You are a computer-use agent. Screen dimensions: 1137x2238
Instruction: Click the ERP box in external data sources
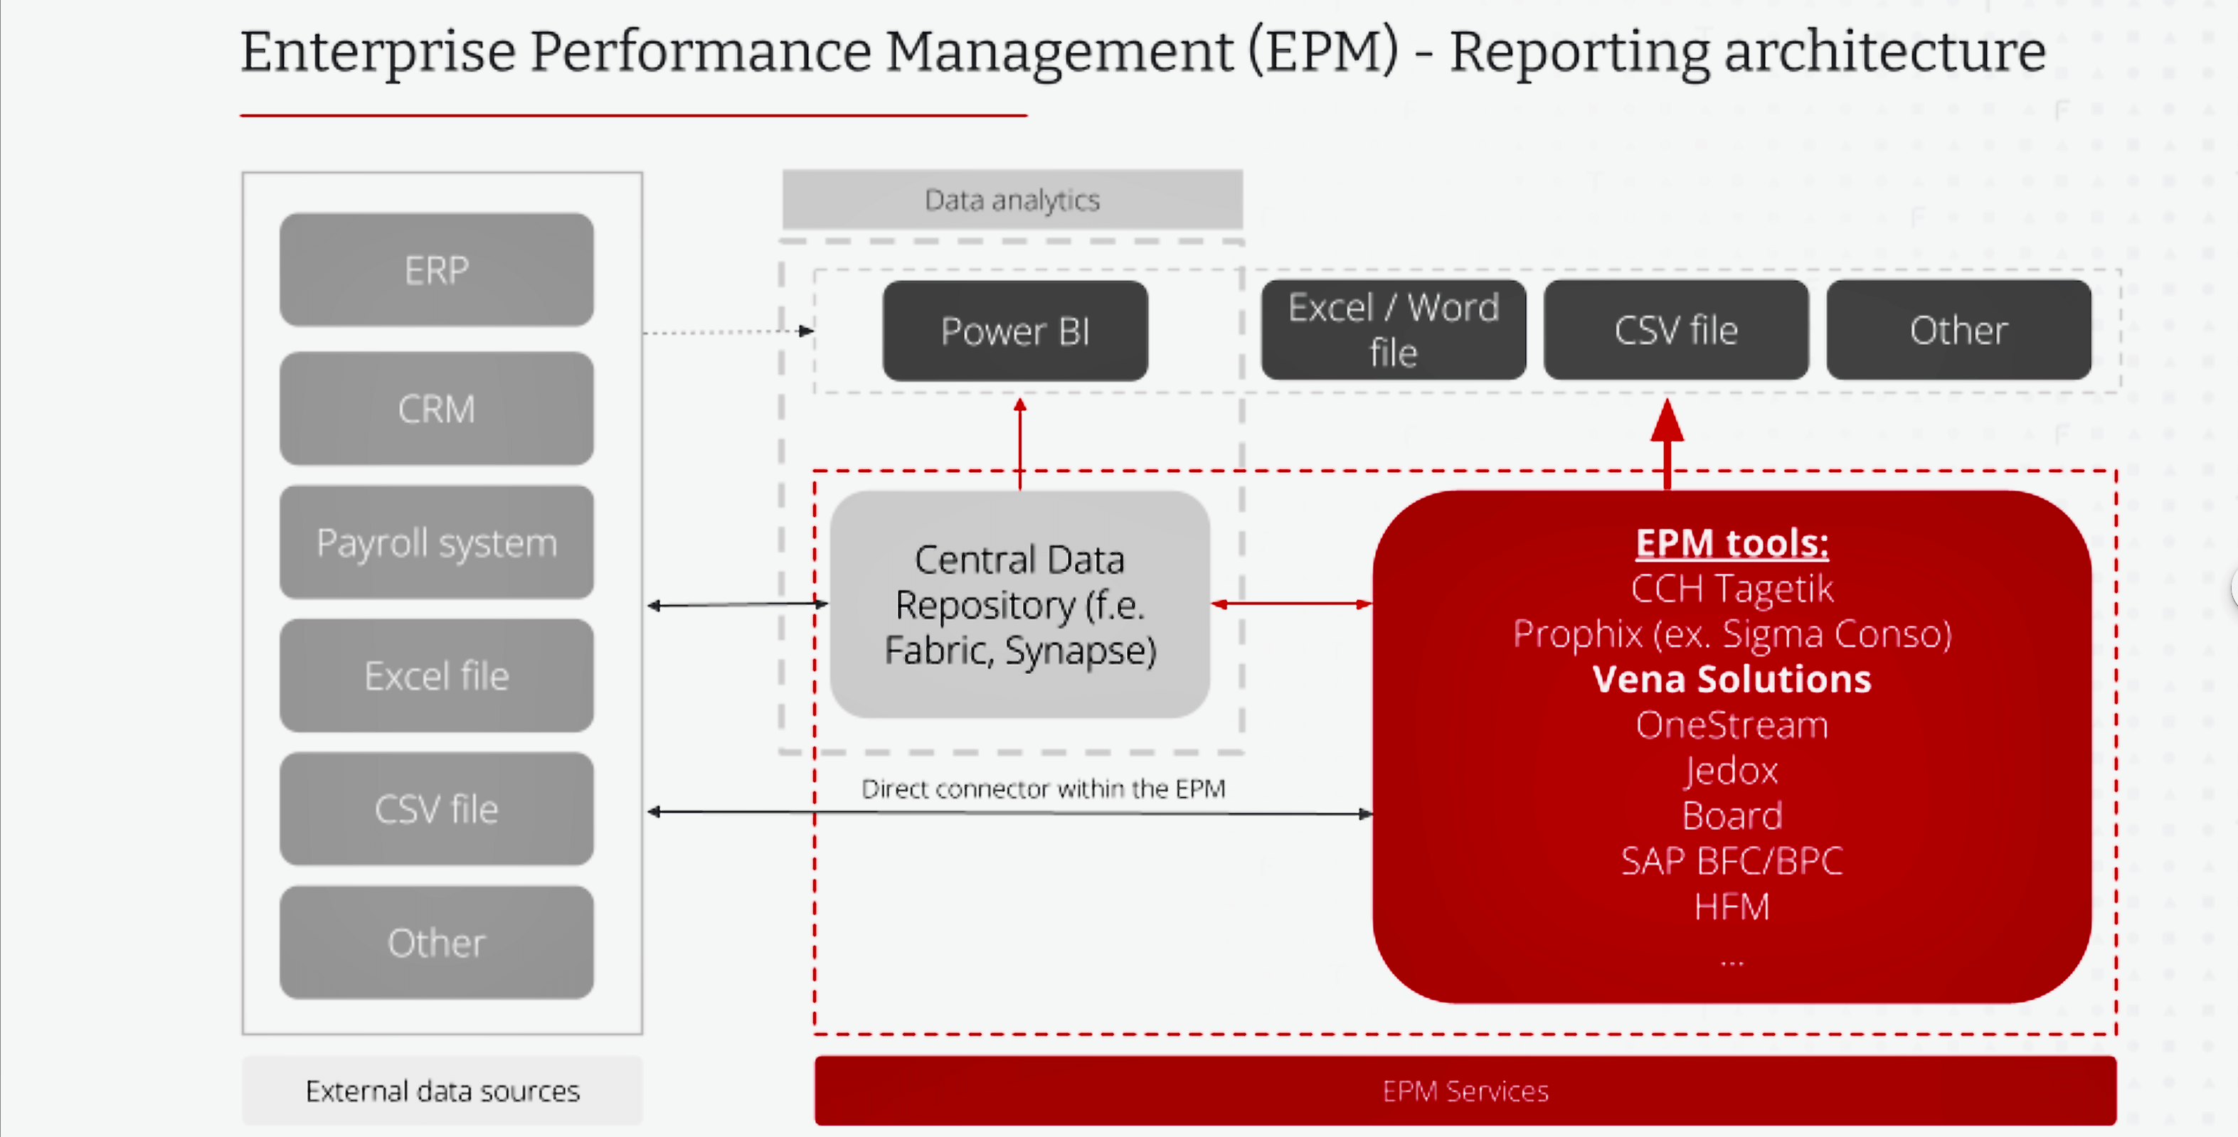[x=436, y=270]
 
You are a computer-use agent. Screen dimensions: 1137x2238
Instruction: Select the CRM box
[x=436, y=408]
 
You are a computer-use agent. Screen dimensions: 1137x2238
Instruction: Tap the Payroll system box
[x=436, y=543]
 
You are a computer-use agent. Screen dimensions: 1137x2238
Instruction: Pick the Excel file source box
[x=436, y=676]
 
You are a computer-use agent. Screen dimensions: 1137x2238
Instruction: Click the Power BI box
[x=1014, y=331]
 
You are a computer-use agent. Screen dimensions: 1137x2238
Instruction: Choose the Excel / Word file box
[x=1393, y=330]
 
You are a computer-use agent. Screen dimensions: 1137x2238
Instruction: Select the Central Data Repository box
[x=1020, y=604]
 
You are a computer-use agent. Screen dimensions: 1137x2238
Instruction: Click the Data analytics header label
[x=1012, y=200]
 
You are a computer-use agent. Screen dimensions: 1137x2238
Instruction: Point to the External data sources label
[x=442, y=1091]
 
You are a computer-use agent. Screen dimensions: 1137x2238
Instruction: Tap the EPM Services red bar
[x=1465, y=1091]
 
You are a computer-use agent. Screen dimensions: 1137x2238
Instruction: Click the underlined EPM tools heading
[x=1731, y=543]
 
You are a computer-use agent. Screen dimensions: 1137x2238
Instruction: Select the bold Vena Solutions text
[x=1731, y=679]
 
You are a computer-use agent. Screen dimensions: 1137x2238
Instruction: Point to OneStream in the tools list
[x=1731, y=725]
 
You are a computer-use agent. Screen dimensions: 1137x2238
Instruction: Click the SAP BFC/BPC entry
[x=1731, y=862]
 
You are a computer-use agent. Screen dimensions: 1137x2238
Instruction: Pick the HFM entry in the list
[x=1731, y=907]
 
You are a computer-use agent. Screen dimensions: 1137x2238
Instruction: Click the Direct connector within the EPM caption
[x=1043, y=789]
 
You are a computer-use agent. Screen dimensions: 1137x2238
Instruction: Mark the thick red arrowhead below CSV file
[x=1667, y=420]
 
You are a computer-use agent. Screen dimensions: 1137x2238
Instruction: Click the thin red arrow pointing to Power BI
[x=1020, y=443]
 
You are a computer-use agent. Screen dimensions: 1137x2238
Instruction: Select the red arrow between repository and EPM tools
[x=1291, y=604]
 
